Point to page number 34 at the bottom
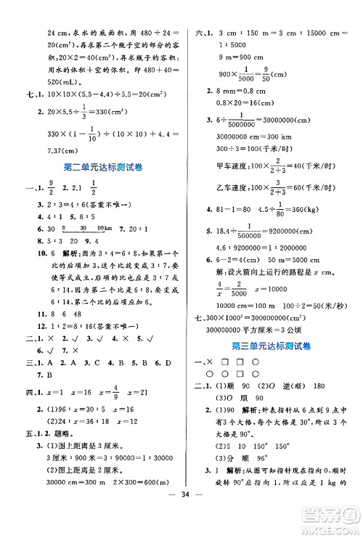[181, 519]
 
